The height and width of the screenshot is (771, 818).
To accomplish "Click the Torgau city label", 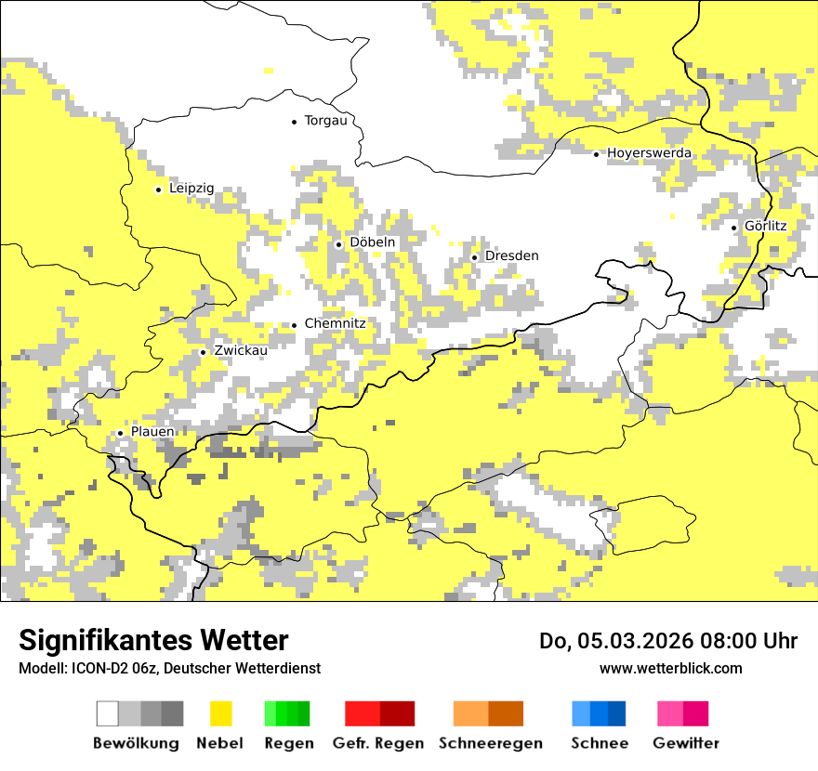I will click(325, 121).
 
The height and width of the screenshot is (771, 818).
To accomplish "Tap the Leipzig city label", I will click(191, 189).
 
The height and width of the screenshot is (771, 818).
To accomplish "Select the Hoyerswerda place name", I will click(649, 153).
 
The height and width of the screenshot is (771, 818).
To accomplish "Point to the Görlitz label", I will click(765, 227).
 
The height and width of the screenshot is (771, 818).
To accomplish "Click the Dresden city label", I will click(511, 256).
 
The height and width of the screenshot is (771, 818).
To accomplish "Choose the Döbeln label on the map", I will click(372, 242).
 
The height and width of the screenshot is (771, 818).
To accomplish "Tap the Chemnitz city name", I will click(335, 324).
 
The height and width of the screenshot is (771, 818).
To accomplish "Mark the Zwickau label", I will click(240, 351).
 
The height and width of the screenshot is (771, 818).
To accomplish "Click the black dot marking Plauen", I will click(120, 433).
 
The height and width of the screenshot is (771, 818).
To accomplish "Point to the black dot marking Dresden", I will click(475, 257).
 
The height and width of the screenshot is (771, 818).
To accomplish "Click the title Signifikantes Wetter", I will click(153, 641).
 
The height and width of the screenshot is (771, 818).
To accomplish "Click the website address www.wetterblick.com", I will click(670, 668).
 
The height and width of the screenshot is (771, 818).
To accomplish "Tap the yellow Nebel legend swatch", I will click(221, 713).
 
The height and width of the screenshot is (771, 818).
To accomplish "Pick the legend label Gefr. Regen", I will click(377, 743).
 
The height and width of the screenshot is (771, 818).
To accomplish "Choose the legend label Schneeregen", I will click(491, 743).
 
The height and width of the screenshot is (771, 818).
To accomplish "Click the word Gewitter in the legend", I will click(686, 743).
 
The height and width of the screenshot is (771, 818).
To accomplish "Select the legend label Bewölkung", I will click(136, 743).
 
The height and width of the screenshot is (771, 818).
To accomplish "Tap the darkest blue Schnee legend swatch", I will click(616, 713).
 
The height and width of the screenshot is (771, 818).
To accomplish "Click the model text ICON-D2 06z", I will click(101, 669).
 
